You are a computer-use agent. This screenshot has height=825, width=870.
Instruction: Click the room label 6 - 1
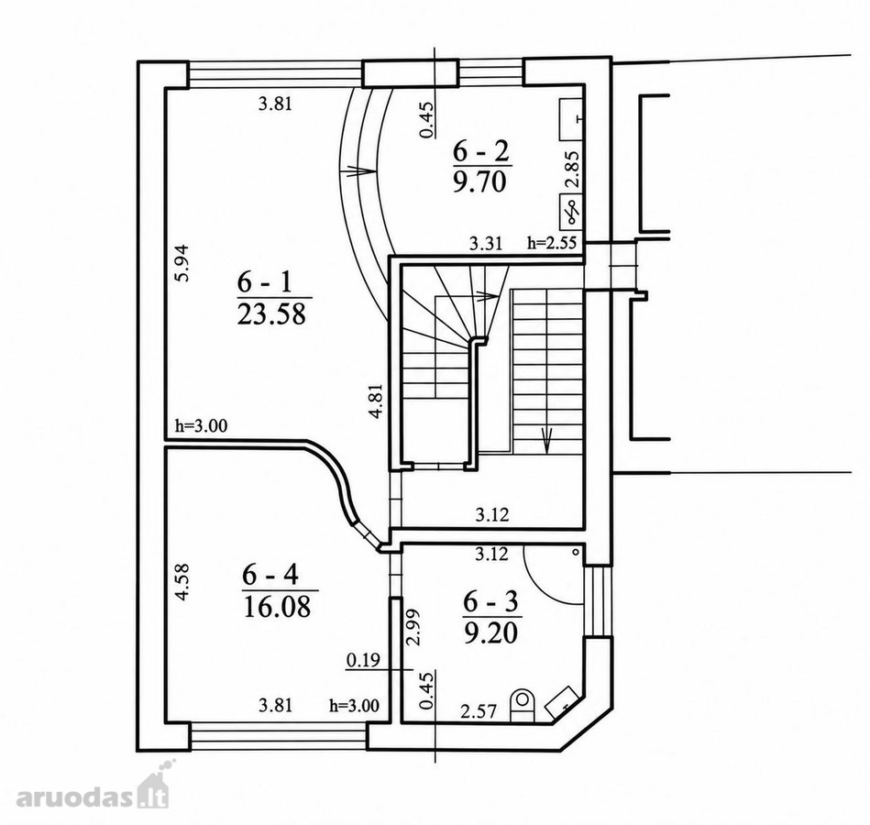click(x=264, y=283)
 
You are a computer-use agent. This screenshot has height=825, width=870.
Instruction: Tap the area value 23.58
click(x=272, y=314)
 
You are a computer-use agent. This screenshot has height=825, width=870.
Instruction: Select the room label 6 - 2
click(x=481, y=151)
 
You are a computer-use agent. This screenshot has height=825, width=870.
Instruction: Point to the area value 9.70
click(x=480, y=182)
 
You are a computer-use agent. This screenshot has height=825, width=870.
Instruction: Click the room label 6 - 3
click(x=490, y=601)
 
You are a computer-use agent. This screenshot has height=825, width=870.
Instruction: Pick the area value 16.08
click(x=278, y=607)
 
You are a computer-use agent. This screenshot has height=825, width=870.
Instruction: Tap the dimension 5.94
click(x=182, y=263)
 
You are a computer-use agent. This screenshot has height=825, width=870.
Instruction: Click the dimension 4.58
click(x=182, y=582)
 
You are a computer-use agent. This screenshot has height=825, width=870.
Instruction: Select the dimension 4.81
click(x=376, y=401)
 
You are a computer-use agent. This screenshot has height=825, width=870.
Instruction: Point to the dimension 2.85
click(x=574, y=170)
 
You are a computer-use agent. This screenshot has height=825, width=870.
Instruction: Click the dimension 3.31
click(x=486, y=243)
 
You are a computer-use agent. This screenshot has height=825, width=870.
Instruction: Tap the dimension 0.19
click(x=363, y=660)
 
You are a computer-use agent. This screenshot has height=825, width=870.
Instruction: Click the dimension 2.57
click(x=479, y=711)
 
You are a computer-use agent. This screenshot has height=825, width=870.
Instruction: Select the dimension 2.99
click(x=413, y=627)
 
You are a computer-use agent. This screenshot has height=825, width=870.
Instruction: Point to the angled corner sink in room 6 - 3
click(x=563, y=700)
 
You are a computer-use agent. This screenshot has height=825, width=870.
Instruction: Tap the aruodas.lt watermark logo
click(x=92, y=787)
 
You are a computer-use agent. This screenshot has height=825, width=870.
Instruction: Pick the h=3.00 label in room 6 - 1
click(x=202, y=426)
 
